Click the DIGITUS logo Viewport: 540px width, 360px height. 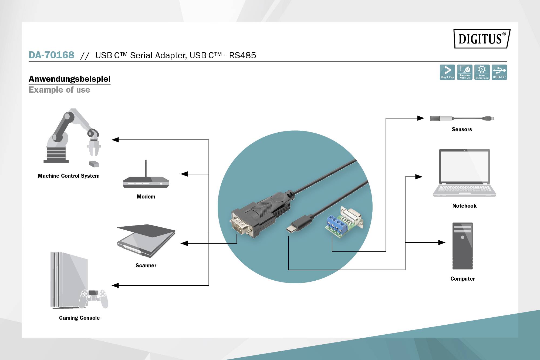click(482, 39)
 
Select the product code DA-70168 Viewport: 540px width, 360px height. click(51, 55)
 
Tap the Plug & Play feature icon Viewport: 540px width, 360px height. click(447, 72)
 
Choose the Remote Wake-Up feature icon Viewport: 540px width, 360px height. click(464, 72)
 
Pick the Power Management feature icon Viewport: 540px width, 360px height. click(482, 72)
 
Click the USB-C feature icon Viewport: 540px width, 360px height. click(499, 72)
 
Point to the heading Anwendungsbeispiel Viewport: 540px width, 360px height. click(70, 79)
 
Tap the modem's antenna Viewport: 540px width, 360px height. click(146, 167)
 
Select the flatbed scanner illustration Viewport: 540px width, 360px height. click(146, 240)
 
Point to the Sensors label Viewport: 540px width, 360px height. click(462, 129)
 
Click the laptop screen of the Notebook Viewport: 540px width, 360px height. click(464, 166)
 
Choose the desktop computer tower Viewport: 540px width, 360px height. click(463, 246)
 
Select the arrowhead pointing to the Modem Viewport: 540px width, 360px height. click(184, 174)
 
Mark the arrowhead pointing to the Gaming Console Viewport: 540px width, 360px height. click(115, 285)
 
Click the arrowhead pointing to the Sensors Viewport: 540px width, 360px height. click(420, 118)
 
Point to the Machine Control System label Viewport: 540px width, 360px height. click(69, 176)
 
